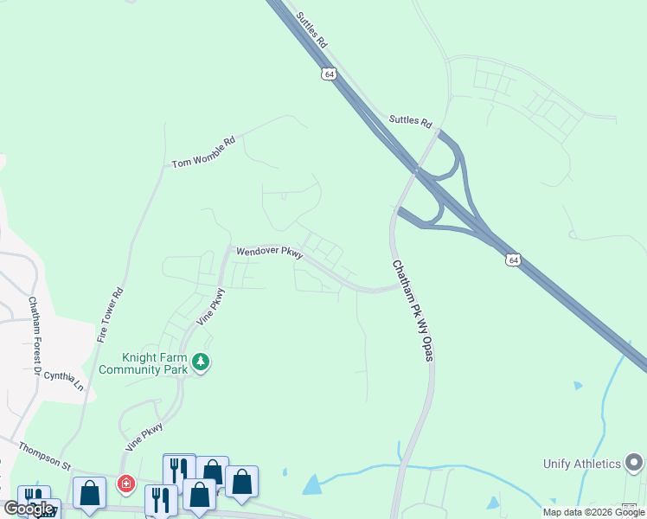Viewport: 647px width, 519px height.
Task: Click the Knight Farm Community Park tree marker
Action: pyautogui.click(x=201, y=362)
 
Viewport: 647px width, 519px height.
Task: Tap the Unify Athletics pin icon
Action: pyautogui.click(x=635, y=463)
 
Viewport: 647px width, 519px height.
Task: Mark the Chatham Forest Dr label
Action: pyautogui.click(x=35, y=336)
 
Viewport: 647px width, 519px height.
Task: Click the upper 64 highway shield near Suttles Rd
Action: pyautogui.click(x=329, y=74)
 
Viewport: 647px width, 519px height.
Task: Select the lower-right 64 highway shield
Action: pyautogui.click(x=514, y=259)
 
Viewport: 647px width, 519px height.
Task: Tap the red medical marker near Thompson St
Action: pyautogui.click(x=126, y=484)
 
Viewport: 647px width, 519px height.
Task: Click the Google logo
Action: pyautogui.click(x=29, y=508)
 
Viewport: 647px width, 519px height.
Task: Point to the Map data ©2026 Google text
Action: pyautogui.click(x=593, y=512)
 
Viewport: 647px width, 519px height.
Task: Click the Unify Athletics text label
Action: pyautogui.click(x=582, y=464)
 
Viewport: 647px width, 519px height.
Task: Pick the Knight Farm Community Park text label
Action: pyautogui.click(x=143, y=363)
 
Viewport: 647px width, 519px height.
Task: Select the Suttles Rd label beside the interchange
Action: pyautogui.click(x=410, y=122)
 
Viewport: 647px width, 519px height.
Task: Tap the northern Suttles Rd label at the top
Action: pyautogui.click(x=312, y=29)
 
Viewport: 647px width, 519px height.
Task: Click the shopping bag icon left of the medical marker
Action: pyautogui.click(x=89, y=492)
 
